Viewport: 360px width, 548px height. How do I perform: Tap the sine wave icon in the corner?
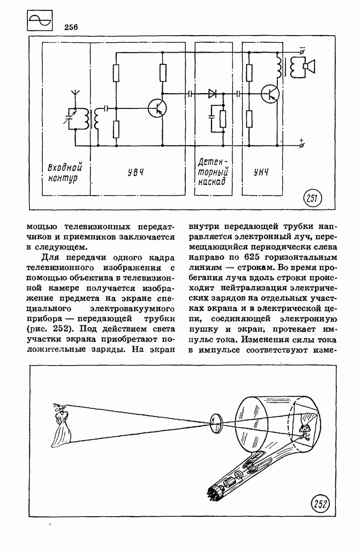39,20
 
